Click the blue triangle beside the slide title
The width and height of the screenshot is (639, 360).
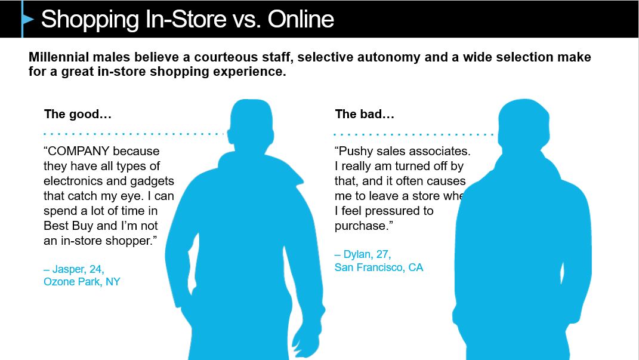pos(27,19)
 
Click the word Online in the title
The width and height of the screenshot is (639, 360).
pos(301,19)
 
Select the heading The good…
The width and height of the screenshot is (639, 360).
pos(78,114)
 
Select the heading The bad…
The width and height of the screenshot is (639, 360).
pos(365,114)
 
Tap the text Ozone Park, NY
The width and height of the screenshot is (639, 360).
pos(82,282)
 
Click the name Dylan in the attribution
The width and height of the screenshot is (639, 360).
pos(357,254)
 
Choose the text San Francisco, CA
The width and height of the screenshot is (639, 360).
pos(379,267)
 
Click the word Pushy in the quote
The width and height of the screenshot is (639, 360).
pos(356,151)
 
